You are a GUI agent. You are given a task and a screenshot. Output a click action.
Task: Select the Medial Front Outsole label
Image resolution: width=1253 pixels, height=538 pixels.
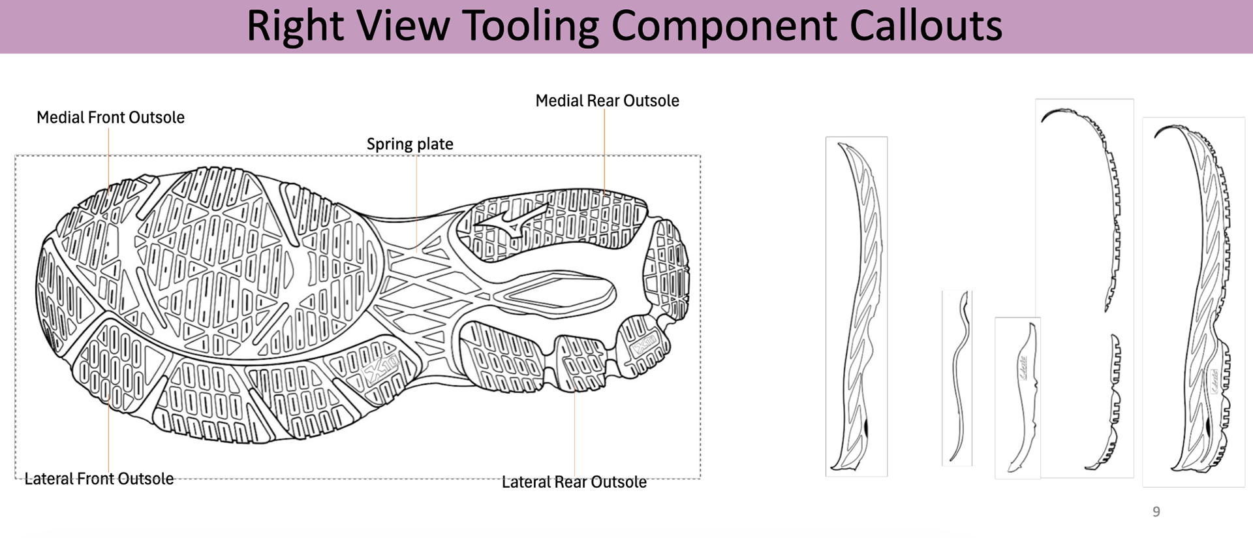pyautogui.click(x=110, y=118)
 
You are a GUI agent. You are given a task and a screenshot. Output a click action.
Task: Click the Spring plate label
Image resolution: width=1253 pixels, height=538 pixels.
pyautogui.click(x=410, y=144)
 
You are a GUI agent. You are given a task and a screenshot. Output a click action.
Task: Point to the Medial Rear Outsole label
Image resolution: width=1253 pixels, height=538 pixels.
pyautogui.click(x=607, y=101)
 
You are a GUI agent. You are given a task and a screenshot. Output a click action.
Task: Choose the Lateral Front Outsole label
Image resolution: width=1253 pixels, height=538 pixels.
pyautogui.click(x=99, y=479)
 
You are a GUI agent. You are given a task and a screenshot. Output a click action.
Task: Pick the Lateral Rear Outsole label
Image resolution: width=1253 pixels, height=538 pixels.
pyautogui.click(x=574, y=482)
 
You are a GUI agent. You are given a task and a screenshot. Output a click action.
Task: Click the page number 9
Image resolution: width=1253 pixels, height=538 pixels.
pyautogui.click(x=1156, y=512)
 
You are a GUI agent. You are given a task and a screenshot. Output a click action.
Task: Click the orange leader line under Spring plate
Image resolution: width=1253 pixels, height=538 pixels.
pyautogui.click(x=416, y=196)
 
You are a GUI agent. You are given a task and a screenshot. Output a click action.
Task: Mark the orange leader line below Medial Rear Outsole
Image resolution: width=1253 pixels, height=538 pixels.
pyautogui.click(x=604, y=150)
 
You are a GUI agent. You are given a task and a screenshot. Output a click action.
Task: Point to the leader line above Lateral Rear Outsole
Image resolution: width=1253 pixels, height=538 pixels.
pyautogui.click(x=574, y=431)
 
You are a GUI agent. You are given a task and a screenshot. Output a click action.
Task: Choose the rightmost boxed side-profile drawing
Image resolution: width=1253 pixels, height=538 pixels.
pyautogui.click(x=1193, y=302)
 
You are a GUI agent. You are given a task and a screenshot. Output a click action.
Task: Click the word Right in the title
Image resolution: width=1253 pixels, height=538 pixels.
pyautogui.click(x=295, y=26)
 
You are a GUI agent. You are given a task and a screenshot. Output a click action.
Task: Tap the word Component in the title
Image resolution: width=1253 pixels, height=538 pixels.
pyautogui.click(x=724, y=26)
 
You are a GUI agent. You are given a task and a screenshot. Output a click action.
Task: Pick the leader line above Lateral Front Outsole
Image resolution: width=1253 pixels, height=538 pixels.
pyautogui.click(x=108, y=431)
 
